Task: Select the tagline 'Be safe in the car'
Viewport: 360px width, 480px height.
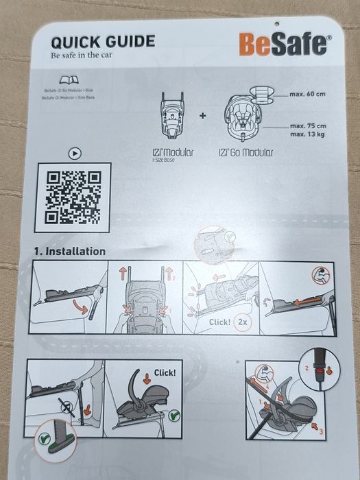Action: click(81, 55)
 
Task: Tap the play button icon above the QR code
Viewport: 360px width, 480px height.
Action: click(74, 154)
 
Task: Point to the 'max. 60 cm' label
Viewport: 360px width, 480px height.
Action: click(307, 93)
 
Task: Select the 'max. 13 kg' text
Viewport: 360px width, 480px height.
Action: click(307, 134)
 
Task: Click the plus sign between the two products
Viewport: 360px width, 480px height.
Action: click(203, 115)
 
